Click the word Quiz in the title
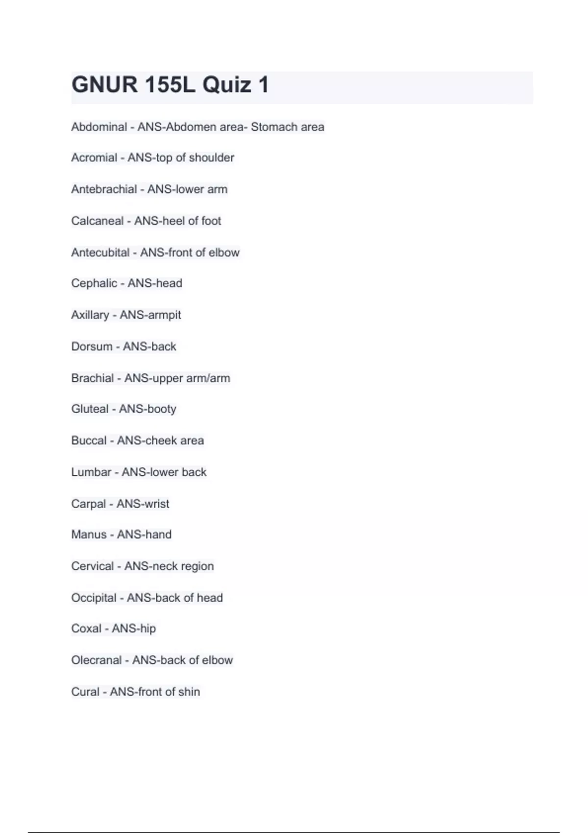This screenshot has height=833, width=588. [x=226, y=85]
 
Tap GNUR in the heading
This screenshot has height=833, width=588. [x=104, y=85]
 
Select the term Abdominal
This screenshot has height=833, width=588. [x=99, y=127]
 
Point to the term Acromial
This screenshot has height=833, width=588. [x=94, y=158]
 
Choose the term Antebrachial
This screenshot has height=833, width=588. [x=104, y=189]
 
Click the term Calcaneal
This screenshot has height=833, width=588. [x=97, y=221]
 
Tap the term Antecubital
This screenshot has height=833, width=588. [x=100, y=252]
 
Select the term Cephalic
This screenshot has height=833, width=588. [x=94, y=283]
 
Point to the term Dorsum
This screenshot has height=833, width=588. [x=92, y=346]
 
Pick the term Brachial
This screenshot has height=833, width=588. [x=93, y=378]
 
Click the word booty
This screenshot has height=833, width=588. [x=161, y=409]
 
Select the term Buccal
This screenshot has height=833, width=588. [x=89, y=441]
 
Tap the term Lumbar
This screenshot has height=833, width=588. [x=91, y=472]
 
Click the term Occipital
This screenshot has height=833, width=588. [x=94, y=598]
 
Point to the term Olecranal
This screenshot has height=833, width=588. [x=96, y=660]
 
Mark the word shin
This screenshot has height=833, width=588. [x=189, y=692]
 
